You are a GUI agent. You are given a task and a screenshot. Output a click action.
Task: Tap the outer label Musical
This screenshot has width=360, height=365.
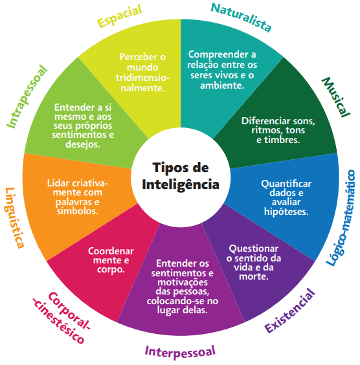point(335,98)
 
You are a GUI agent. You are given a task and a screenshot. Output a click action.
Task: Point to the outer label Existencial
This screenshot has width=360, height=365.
point(289,311)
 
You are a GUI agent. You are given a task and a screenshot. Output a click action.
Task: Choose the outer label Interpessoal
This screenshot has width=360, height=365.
point(179,352)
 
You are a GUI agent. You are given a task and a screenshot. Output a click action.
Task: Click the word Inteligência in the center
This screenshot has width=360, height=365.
point(180,184)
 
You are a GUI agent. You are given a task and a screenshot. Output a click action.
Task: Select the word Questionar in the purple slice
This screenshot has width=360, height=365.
point(254,230)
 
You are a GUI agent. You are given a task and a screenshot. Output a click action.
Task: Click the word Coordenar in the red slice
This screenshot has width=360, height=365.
point(111,233)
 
